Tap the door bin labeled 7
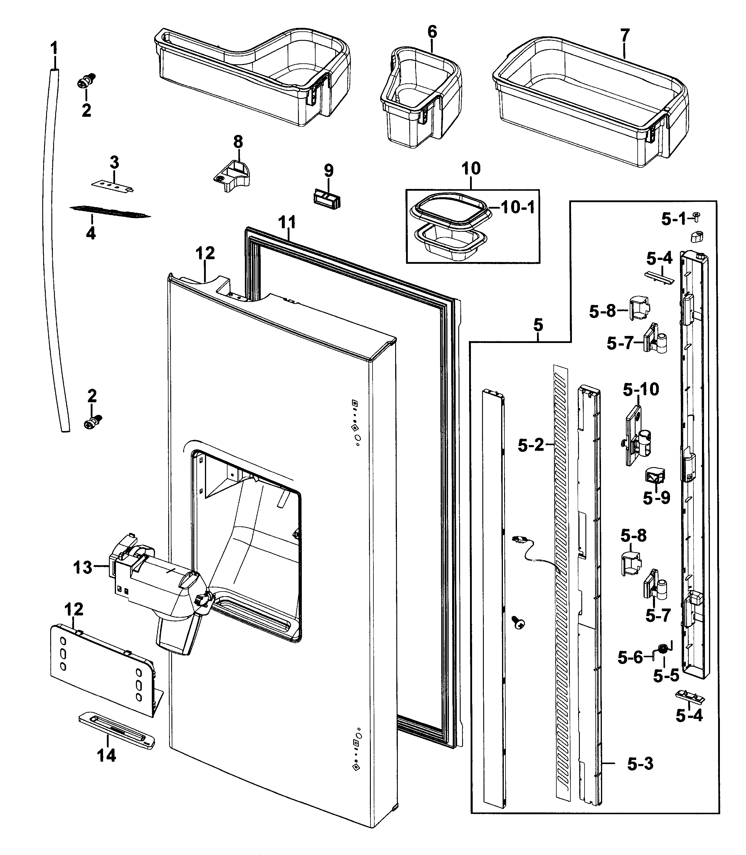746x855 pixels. [x=591, y=104]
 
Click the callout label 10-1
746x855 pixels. [x=518, y=207]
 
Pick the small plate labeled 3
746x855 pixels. [x=112, y=186]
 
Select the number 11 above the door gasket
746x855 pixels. [x=287, y=223]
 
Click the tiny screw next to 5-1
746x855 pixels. [x=696, y=216]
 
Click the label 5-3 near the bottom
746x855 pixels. [x=640, y=763]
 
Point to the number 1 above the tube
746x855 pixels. [x=54, y=49]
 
